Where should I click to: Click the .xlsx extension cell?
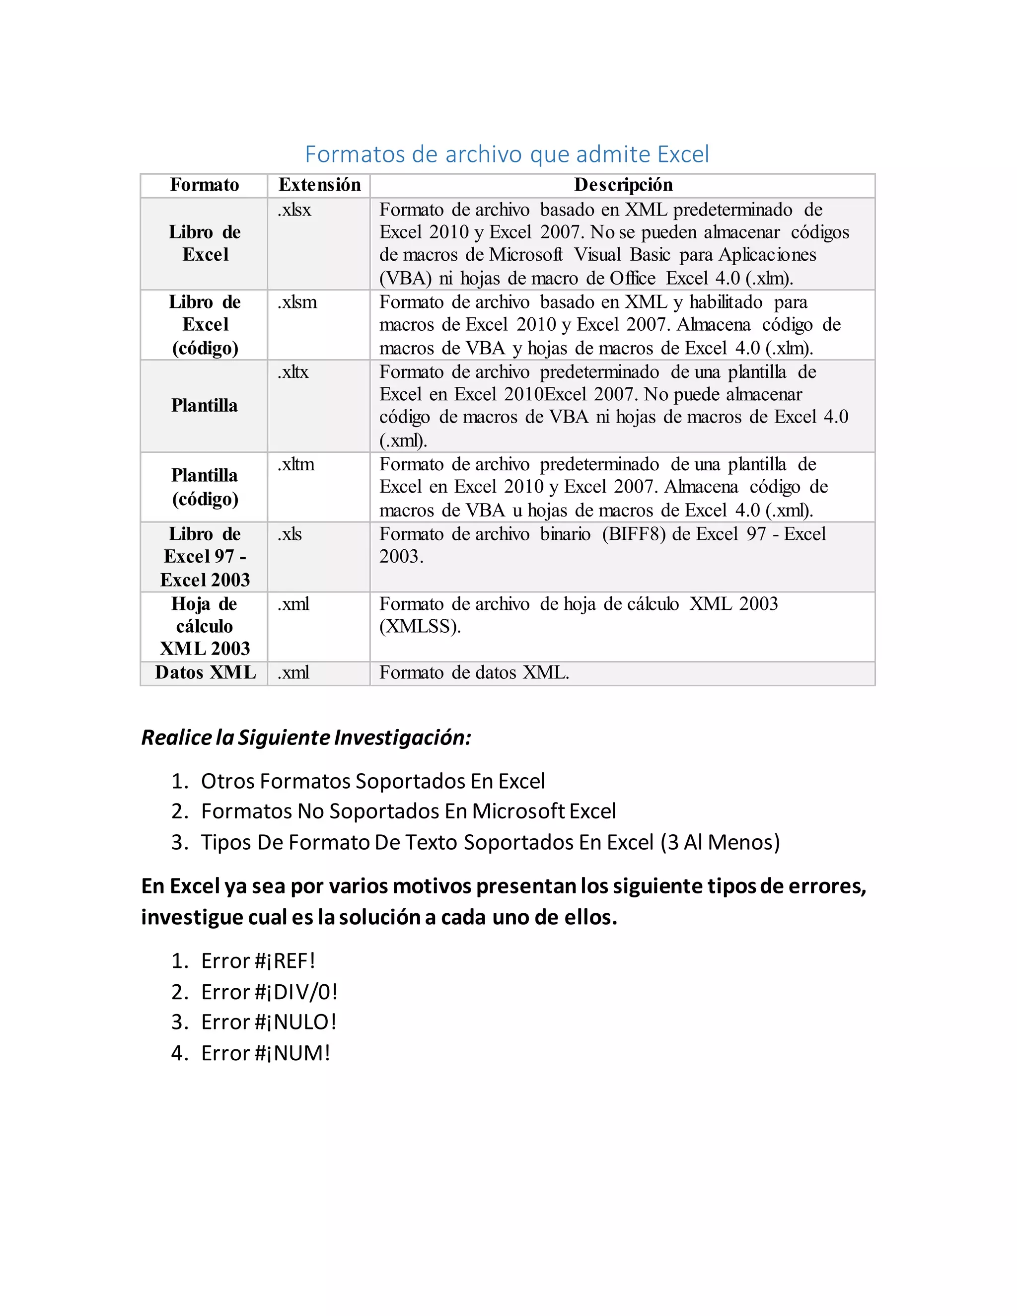[294, 210]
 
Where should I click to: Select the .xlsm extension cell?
[297, 302]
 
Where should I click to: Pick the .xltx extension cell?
[293, 372]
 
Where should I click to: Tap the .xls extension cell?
[290, 534]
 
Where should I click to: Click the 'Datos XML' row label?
[205, 672]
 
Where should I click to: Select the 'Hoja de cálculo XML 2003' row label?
[205, 626]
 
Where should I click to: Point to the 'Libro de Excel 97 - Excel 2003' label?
[205, 557]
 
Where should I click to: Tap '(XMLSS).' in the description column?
[420, 627]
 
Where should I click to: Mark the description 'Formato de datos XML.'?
[474, 672]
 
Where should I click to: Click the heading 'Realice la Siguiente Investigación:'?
[306, 737]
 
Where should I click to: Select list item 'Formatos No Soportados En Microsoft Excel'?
[408, 811]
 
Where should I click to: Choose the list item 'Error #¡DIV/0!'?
[269, 992]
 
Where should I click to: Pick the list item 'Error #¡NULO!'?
[268, 1022]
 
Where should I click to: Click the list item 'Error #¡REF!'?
[258, 961]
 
